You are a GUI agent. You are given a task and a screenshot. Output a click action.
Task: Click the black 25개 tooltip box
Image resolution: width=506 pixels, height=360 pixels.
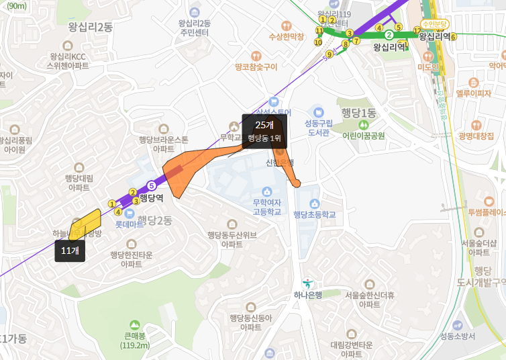[x=264, y=130]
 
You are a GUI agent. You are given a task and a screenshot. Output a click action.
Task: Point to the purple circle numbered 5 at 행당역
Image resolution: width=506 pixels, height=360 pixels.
[x=151, y=185]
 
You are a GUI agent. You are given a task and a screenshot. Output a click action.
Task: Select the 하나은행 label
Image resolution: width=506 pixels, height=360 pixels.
[x=308, y=295]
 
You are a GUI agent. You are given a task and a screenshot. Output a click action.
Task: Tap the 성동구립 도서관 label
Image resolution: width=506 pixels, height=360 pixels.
[x=319, y=127]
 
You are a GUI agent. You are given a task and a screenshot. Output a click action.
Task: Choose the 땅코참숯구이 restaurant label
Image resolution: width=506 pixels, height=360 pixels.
[x=256, y=67]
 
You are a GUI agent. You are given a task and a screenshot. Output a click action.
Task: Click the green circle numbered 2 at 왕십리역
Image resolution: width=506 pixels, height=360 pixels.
[x=389, y=34]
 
